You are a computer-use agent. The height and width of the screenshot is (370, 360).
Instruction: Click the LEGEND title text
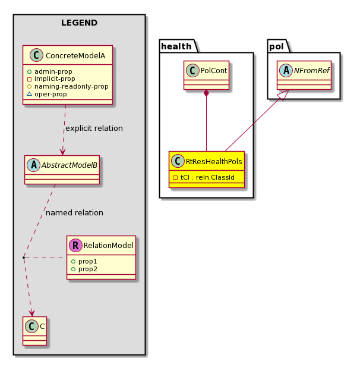(79, 23)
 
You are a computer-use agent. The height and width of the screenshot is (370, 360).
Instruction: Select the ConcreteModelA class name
(75, 56)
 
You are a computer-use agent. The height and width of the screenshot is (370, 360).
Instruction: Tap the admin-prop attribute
(53, 71)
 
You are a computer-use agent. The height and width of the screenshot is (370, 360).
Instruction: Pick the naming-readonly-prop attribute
(71, 87)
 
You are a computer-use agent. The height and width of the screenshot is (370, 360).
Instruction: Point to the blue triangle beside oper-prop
(30, 94)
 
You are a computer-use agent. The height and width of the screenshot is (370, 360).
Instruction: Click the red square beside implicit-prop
(30, 79)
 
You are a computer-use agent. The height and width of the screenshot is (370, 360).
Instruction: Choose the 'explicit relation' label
(94, 128)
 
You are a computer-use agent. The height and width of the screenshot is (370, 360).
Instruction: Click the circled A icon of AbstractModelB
(33, 165)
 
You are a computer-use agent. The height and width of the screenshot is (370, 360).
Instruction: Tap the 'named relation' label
(74, 213)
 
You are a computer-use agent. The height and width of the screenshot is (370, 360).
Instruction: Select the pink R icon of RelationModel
(75, 246)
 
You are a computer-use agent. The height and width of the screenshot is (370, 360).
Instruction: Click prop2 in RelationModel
(88, 269)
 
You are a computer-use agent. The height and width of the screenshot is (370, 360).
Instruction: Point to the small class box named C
(35, 331)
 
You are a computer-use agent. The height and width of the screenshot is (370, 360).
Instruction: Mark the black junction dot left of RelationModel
(24, 258)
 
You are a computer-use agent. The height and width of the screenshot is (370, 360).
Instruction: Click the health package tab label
(176, 46)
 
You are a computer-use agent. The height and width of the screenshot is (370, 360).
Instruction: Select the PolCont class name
(214, 71)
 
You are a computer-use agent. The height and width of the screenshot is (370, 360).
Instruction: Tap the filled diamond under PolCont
(206, 93)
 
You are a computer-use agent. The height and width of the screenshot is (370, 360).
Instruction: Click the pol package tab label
(276, 46)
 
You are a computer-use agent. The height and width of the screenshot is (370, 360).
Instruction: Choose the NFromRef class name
(311, 71)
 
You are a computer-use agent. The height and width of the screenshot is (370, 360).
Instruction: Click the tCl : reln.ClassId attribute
(207, 177)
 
